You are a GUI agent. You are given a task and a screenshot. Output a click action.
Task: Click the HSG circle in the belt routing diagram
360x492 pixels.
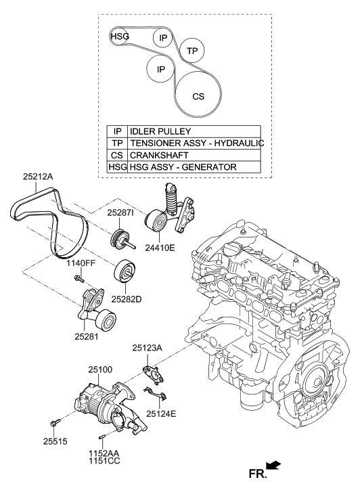click(x=119, y=37)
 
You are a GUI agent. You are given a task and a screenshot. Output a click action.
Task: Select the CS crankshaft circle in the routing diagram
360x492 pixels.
click(x=198, y=96)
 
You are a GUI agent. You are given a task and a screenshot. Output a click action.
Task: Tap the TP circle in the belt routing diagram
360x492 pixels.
click(x=192, y=51)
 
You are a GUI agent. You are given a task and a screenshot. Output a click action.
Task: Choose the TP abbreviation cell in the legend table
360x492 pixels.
click(x=117, y=143)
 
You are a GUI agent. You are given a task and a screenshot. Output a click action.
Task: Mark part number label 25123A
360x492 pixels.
click(x=148, y=348)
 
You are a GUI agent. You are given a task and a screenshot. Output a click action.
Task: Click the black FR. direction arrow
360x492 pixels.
click(x=274, y=466)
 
